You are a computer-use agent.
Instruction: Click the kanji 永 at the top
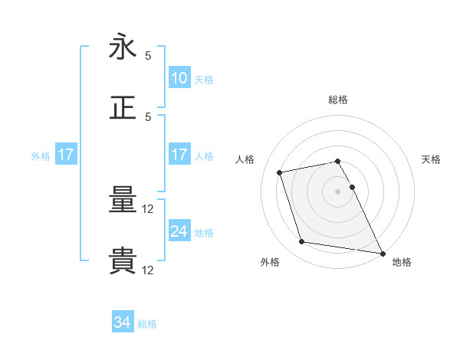[123, 48]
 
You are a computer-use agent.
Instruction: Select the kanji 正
[123, 106]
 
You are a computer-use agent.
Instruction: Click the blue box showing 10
[179, 78]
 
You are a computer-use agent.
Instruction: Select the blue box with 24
[179, 231]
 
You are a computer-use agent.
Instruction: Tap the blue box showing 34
[123, 323]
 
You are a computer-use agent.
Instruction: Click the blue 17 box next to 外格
[66, 155]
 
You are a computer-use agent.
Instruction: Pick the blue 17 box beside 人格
[179, 155]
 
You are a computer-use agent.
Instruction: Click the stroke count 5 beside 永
[148, 56]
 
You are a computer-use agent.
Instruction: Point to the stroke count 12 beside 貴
[149, 270]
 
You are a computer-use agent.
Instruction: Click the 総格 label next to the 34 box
[147, 324]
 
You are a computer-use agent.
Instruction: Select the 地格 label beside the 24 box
[204, 232]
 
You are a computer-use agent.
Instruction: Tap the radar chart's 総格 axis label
[338, 100]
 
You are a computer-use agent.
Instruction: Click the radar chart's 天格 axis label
[432, 159]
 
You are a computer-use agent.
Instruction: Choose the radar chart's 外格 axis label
[270, 262]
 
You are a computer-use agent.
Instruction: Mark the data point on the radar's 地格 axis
[382, 253]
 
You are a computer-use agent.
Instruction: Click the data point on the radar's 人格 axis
[280, 172]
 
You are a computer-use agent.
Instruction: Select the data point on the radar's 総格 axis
[338, 161]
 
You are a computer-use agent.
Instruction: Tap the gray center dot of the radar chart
[338, 191]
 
